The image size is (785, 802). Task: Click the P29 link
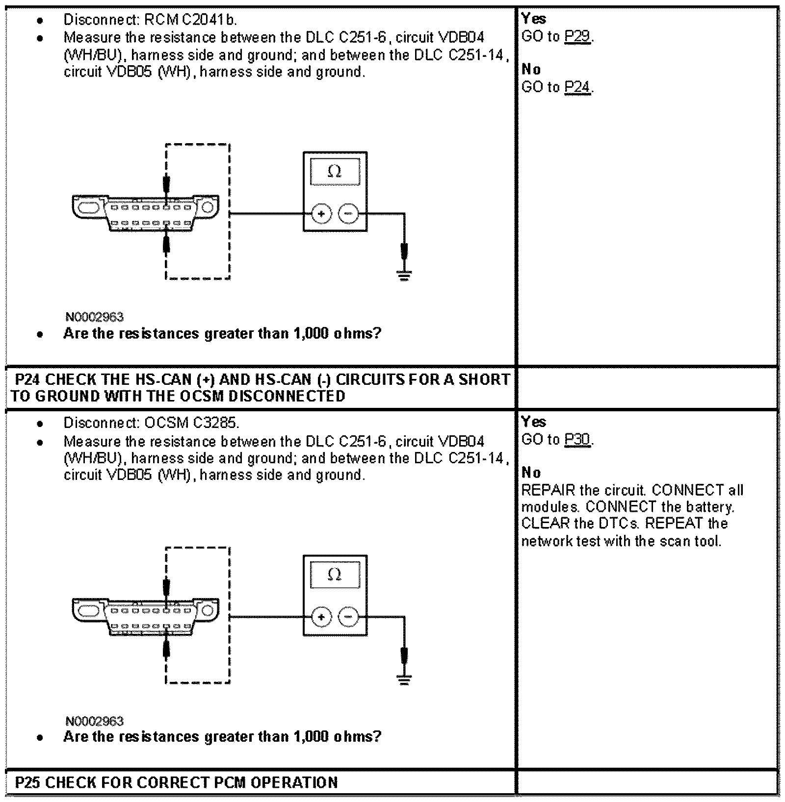[577, 37]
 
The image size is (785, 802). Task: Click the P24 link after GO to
[577, 87]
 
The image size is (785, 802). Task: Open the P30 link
[577, 440]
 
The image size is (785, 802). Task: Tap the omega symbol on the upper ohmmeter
[335, 172]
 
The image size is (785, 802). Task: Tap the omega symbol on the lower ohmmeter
[335, 574]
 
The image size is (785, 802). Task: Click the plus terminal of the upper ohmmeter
[321, 214]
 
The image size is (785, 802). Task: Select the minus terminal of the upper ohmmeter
[348, 214]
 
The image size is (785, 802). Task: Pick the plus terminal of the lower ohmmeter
[321, 617]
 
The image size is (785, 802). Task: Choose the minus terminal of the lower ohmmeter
[348, 617]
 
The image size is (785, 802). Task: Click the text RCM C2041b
[191, 20]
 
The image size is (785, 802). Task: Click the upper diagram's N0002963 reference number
[94, 317]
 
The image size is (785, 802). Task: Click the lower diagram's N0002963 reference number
[94, 721]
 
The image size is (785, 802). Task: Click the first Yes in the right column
[534, 19]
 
